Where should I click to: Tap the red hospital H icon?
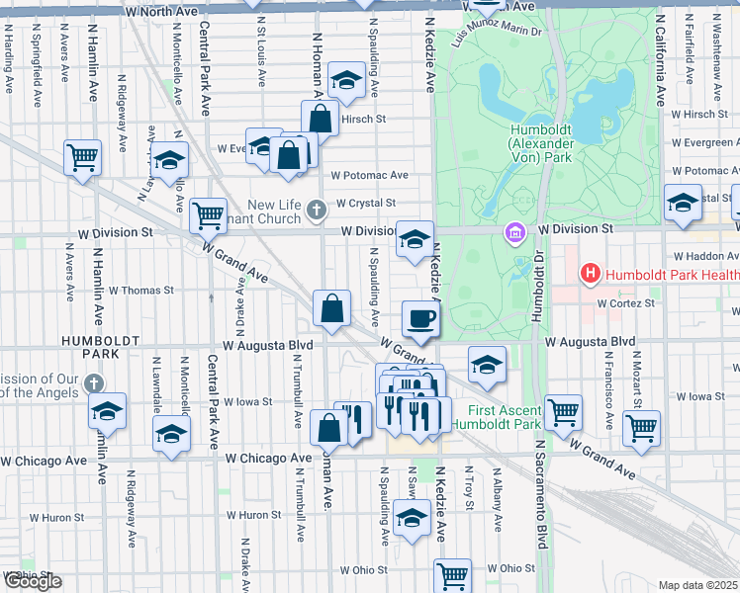[x=591, y=272]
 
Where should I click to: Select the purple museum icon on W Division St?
[x=514, y=234]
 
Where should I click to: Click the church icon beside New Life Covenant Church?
[x=316, y=209]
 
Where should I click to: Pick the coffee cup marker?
[x=421, y=318]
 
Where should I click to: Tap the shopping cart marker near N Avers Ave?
[x=82, y=156]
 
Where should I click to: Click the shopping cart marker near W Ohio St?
[x=452, y=574]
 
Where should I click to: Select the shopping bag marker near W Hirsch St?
[x=322, y=118]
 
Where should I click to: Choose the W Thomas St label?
[x=141, y=291]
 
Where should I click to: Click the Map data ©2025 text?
[x=698, y=585]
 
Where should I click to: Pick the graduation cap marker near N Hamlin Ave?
[x=107, y=411]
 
